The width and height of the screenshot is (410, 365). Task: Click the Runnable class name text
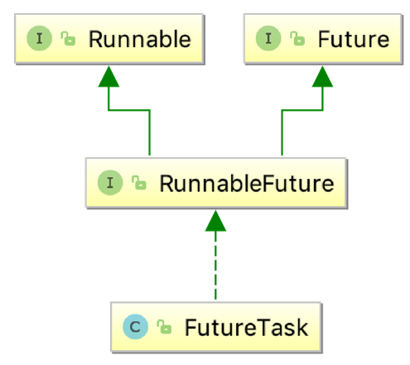click(139, 38)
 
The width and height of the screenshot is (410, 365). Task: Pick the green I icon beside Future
click(269, 38)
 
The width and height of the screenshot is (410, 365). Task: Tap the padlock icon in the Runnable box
click(66, 39)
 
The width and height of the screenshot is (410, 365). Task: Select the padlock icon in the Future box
click(296, 39)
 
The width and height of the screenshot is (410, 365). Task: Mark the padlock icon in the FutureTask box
click(163, 328)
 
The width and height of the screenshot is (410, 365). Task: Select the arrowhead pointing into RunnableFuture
click(215, 221)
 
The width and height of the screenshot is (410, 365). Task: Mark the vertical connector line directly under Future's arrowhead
click(322, 99)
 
